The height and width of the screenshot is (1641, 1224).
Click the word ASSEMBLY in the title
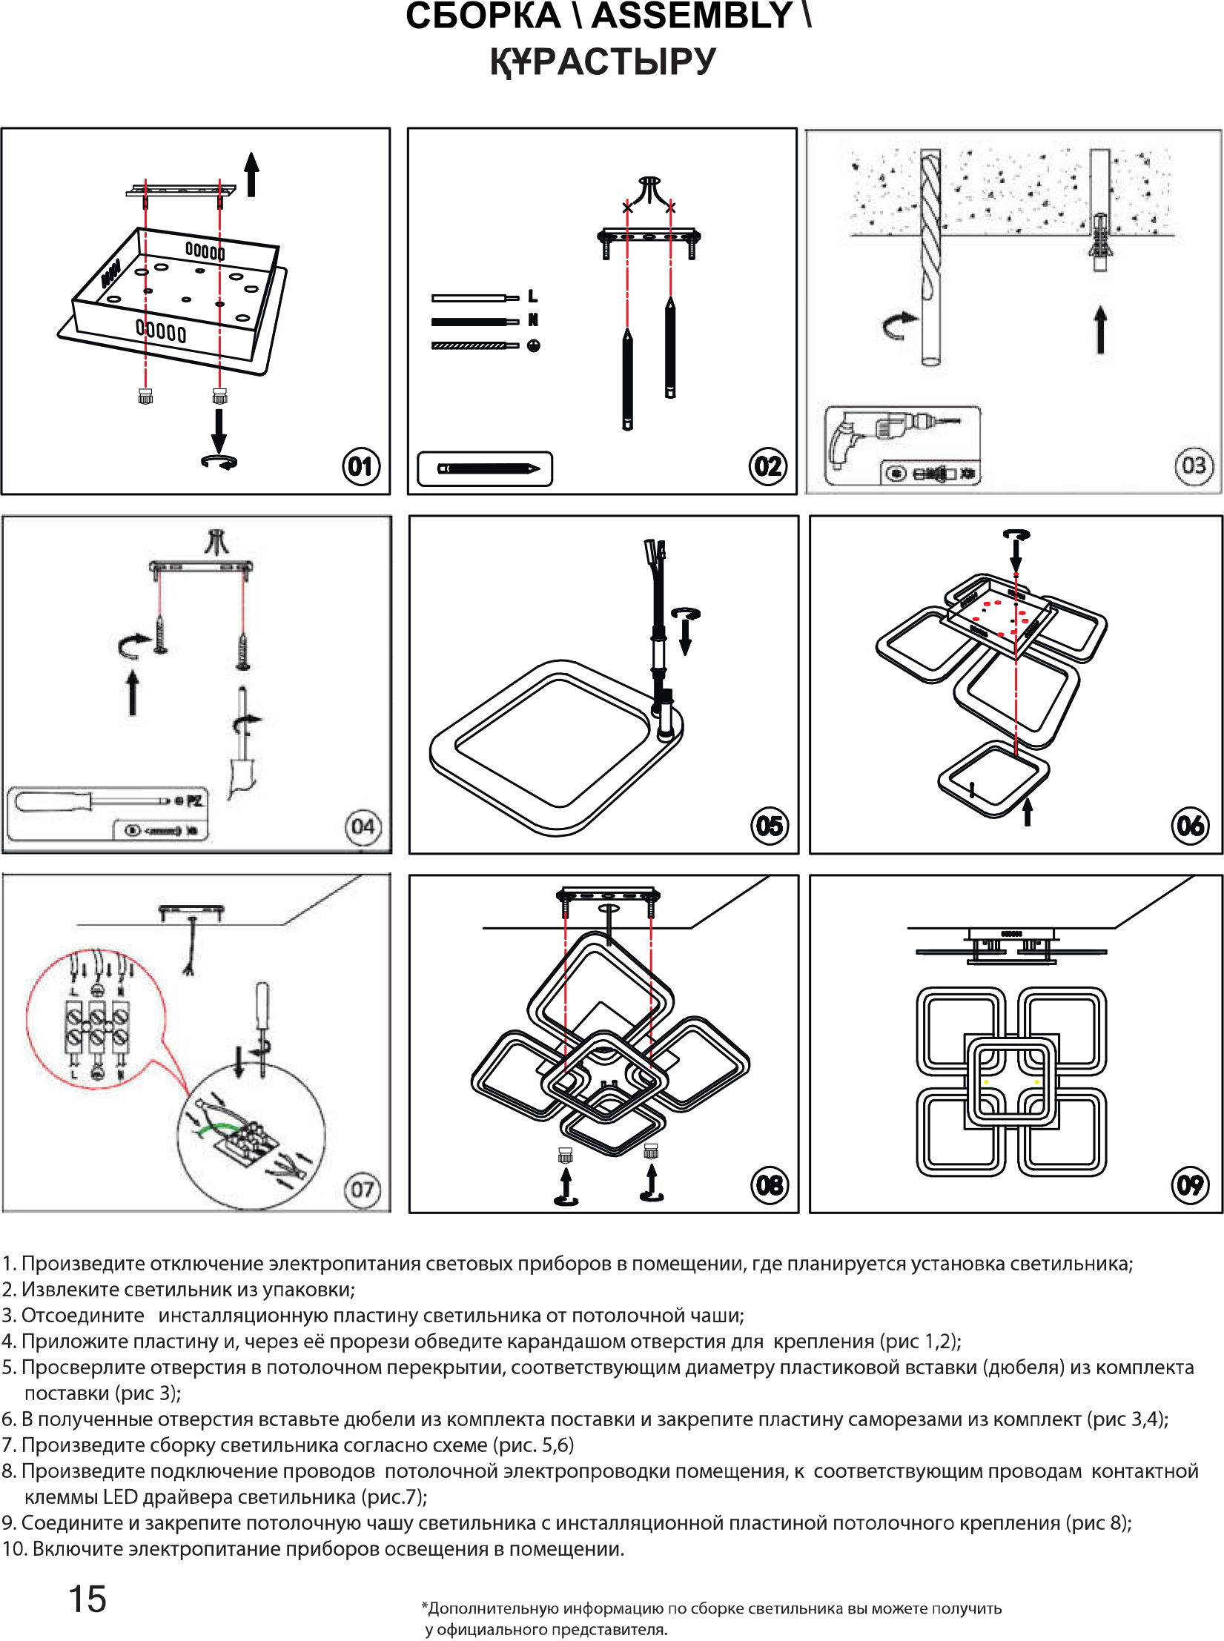(692, 16)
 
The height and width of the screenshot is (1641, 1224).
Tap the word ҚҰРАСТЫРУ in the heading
(603, 62)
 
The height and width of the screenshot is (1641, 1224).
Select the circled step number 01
(361, 466)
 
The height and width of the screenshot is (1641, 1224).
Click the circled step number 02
(767, 466)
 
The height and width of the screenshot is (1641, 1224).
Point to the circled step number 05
(770, 826)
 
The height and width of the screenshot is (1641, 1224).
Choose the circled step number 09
(1190, 1184)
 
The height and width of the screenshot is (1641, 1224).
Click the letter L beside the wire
(532, 296)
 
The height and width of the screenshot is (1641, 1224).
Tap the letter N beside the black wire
(532, 320)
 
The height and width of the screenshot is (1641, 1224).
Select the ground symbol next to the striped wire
(533, 345)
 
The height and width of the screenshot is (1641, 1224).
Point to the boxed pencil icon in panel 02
(485, 468)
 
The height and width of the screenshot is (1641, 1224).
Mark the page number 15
(87, 1599)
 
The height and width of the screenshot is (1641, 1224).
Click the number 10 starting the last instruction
(13, 1549)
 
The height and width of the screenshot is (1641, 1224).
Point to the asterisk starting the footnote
(425, 1607)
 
